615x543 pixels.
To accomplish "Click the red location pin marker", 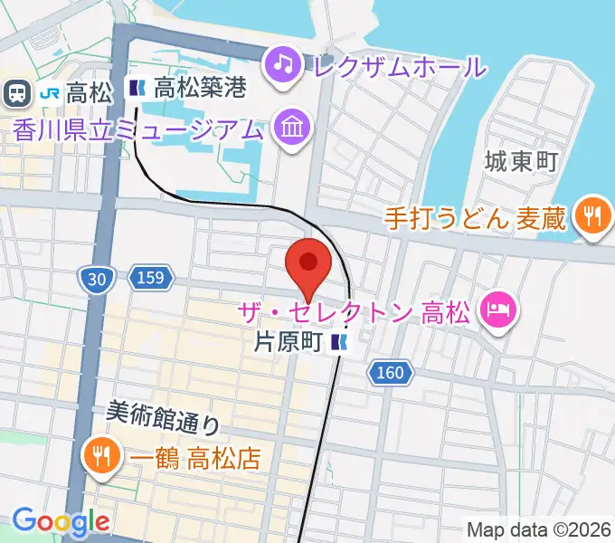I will pyautogui.click(x=308, y=265).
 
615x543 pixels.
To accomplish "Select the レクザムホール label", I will pyautogui.click(x=398, y=65).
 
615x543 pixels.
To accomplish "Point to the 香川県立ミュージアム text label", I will pyautogui.click(x=138, y=129).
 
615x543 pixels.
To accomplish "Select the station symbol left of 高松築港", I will pyautogui.click(x=137, y=89).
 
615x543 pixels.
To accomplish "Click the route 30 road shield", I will pyautogui.click(x=98, y=281).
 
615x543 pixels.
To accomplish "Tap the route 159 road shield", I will pyautogui.click(x=147, y=278).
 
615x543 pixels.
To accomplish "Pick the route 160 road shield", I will pyautogui.click(x=390, y=371).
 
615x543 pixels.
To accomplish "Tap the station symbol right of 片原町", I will pyautogui.click(x=339, y=343).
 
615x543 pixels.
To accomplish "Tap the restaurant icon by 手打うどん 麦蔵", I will pyautogui.click(x=592, y=217).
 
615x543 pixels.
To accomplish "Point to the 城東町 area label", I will pyautogui.click(x=520, y=164).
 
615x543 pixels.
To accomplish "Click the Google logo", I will pyautogui.click(x=60, y=521).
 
